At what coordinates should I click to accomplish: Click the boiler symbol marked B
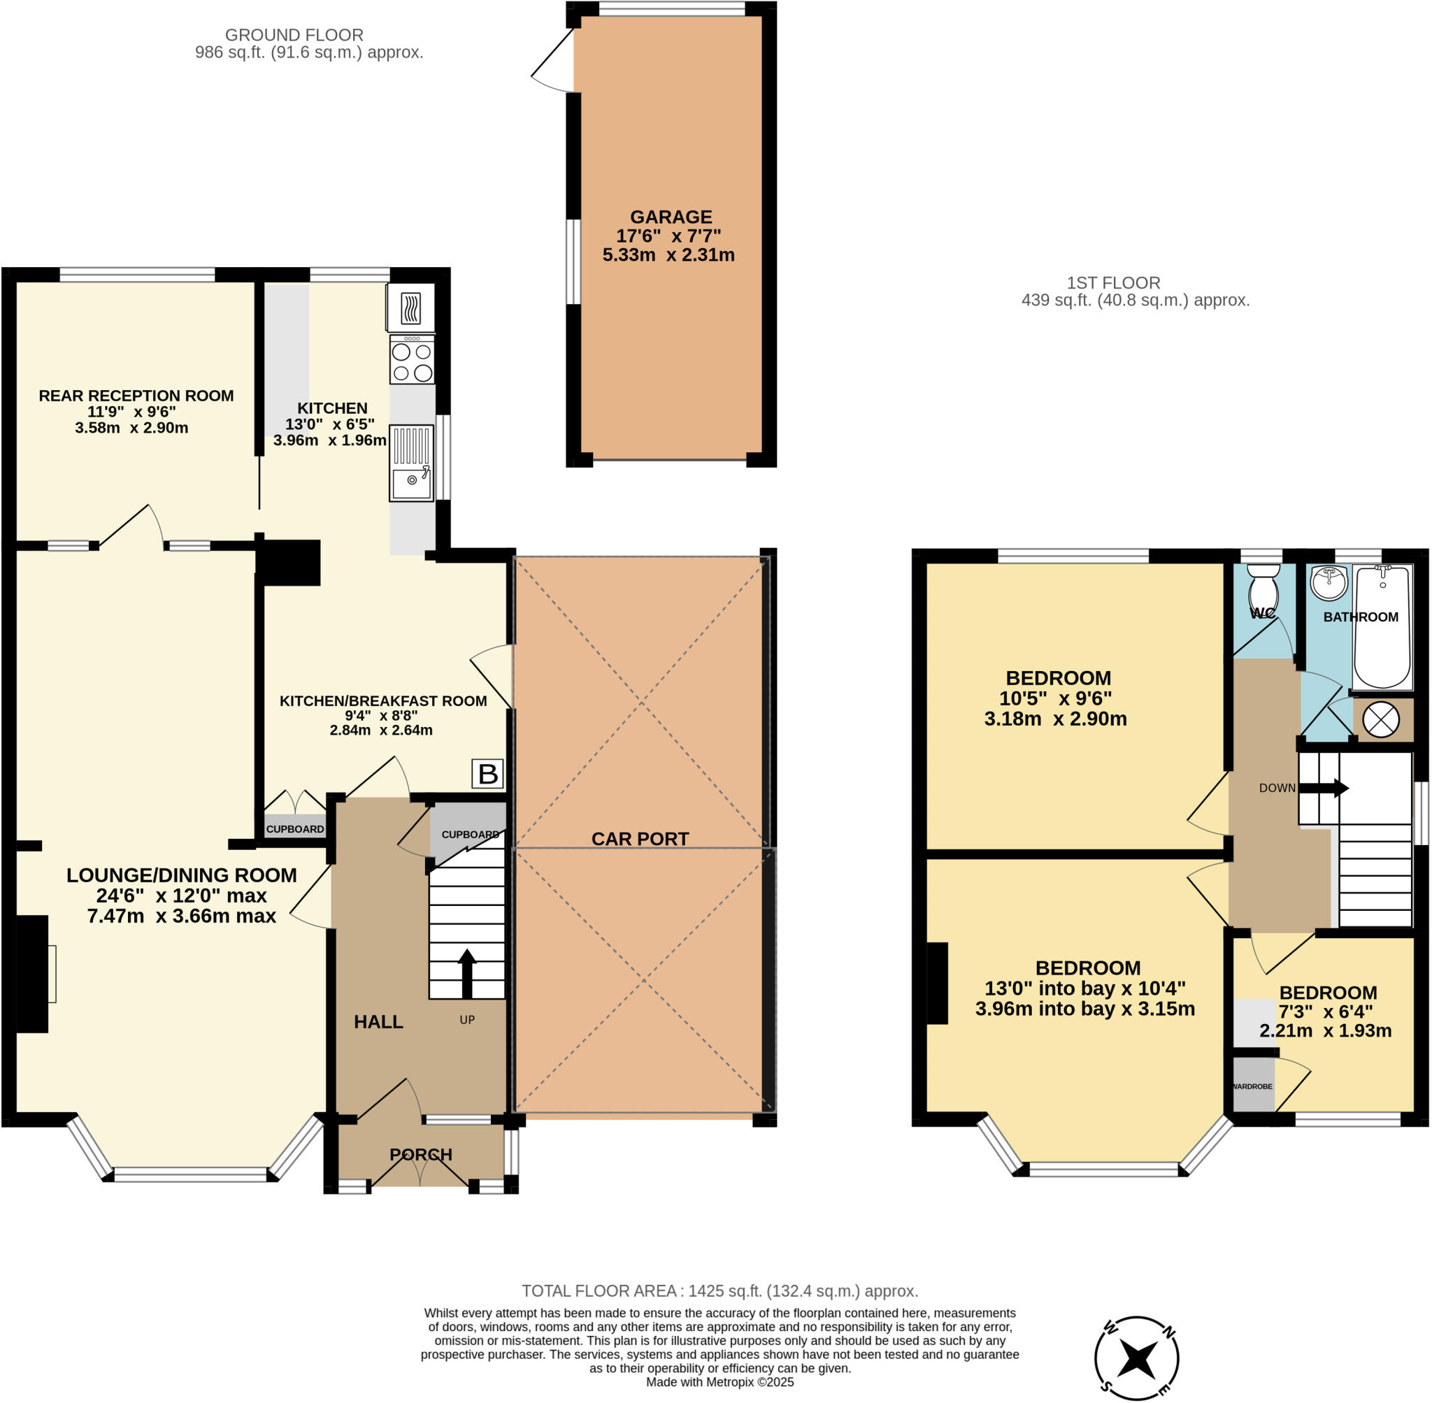point(487,774)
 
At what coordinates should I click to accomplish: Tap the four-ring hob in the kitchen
point(412,359)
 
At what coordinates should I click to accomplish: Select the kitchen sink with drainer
point(411,463)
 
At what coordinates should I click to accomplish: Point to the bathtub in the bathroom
point(1382,626)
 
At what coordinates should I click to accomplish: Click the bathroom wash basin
point(1329,582)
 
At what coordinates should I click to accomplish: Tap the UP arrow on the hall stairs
point(466,972)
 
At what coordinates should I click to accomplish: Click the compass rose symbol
point(1136,1358)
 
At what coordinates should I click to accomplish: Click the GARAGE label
point(671,217)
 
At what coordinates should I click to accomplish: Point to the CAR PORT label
point(640,839)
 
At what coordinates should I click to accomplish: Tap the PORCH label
point(421,1154)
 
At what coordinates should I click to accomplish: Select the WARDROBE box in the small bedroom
point(1253,1086)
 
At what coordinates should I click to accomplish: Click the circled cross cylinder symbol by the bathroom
point(1380,719)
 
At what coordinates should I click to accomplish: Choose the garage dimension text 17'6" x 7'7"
point(668,236)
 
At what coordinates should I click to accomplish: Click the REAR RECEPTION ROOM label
point(136,396)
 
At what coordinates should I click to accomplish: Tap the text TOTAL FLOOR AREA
point(600,1291)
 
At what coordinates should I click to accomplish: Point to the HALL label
point(378,1021)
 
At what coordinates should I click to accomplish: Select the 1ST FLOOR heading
point(1113,282)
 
